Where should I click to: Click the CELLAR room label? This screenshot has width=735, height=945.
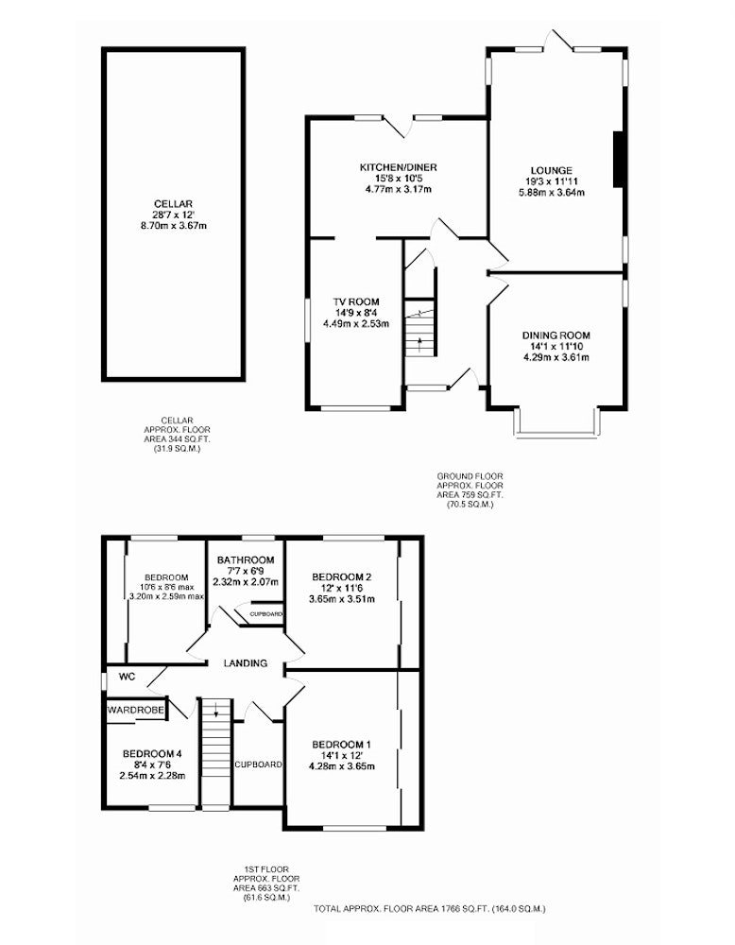173,204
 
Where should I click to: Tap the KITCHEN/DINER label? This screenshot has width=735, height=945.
399,167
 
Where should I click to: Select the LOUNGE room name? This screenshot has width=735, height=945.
552,170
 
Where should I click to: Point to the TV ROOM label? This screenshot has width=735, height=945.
356,302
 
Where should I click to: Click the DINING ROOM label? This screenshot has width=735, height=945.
556,335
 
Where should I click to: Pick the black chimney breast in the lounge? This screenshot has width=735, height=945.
619,159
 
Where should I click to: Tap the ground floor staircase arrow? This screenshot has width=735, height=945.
419,345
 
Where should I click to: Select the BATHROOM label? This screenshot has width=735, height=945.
246,559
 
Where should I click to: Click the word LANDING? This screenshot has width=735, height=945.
246,663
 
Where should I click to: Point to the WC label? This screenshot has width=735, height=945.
128,677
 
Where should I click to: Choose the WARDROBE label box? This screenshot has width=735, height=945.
136,711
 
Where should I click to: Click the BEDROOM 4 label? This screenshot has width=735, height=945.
152,754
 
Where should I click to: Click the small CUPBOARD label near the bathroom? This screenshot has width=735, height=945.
266,614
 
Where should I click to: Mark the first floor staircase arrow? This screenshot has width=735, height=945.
215,710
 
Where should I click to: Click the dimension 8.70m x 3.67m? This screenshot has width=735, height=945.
173,226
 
